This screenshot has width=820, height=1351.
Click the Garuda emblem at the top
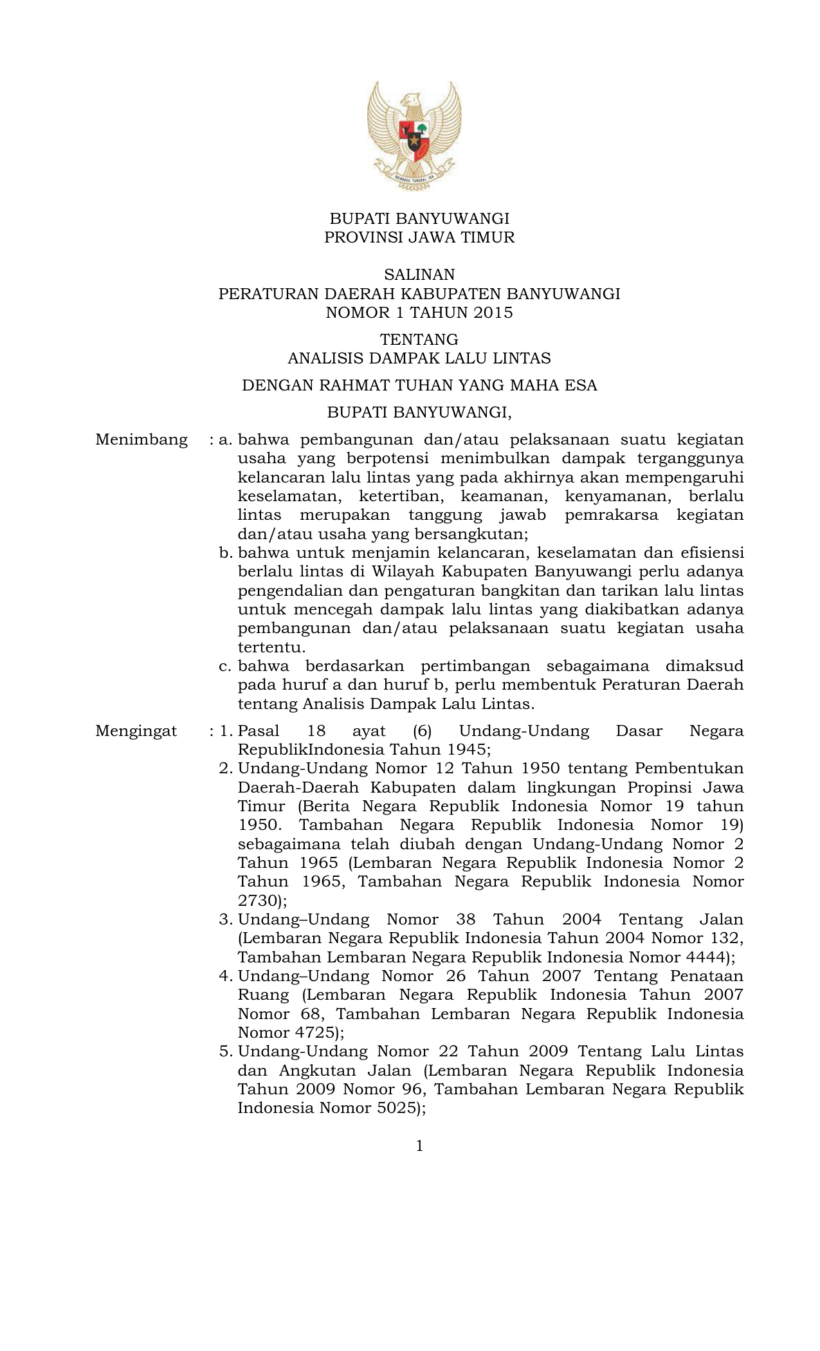pyautogui.click(x=414, y=136)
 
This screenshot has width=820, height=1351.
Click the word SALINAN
pyautogui.click(x=419, y=275)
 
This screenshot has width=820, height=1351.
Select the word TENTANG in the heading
pyautogui.click(x=419, y=339)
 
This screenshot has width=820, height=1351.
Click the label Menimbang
pyautogui.click(x=141, y=440)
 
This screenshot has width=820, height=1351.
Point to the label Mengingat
pyautogui.click(x=136, y=731)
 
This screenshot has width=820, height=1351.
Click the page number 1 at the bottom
pyautogui.click(x=419, y=1146)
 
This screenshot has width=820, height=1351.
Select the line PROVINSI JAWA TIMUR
pyautogui.click(x=419, y=237)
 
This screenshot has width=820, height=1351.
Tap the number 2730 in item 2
pyautogui.click(x=259, y=900)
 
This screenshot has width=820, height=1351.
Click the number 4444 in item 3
pyautogui.click(x=704, y=957)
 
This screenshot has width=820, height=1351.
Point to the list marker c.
pyautogui.click(x=224, y=666)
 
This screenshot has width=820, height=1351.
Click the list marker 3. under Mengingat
pyautogui.click(x=225, y=919)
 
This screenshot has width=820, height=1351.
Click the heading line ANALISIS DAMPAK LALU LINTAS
pyautogui.click(x=419, y=358)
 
